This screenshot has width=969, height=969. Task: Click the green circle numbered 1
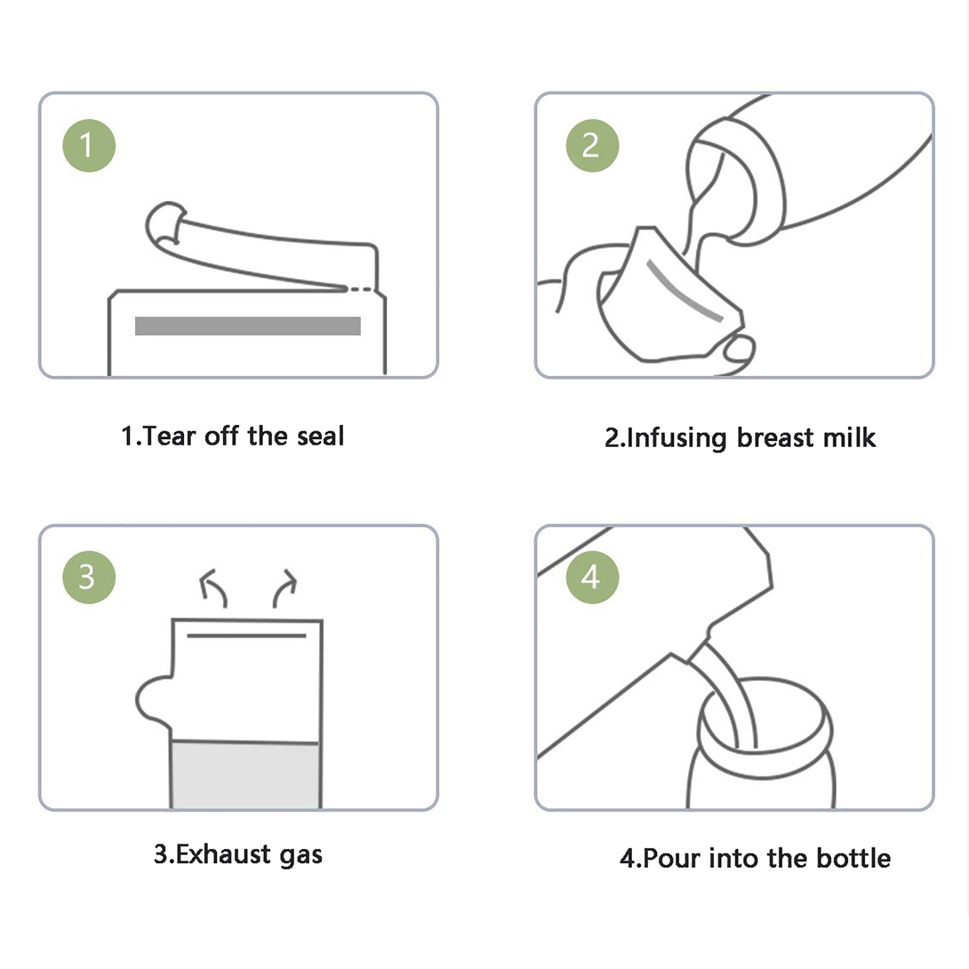[89, 145]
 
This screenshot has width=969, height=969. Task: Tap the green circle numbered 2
[592, 145]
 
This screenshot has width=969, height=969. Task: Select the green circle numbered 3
[89, 577]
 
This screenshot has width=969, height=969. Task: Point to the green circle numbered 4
[592, 577]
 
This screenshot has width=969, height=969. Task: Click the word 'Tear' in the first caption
[170, 436]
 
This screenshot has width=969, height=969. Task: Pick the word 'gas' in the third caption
[301, 856]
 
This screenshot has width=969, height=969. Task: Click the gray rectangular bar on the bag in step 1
[248, 326]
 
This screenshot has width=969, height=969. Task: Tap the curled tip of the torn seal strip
[165, 223]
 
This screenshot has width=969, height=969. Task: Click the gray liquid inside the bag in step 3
[245, 775]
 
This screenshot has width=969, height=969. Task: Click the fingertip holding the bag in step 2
[739, 349]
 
